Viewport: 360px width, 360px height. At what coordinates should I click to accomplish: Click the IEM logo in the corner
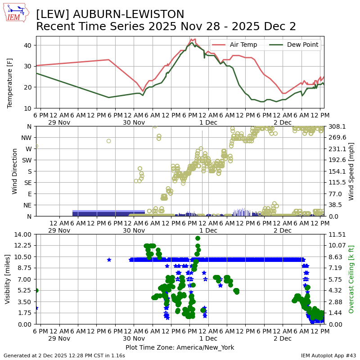tap(16, 13)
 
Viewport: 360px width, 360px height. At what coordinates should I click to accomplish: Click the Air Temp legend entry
tap(243, 45)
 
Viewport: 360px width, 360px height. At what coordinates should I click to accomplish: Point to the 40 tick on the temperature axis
tap(27, 45)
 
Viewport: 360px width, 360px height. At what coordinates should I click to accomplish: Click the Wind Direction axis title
tap(15, 171)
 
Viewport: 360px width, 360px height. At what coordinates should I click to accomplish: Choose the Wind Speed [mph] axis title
tap(351, 171)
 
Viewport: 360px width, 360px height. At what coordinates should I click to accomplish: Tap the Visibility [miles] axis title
tap(8, 279)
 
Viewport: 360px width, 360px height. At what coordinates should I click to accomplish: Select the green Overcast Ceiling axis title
tap(351, 279)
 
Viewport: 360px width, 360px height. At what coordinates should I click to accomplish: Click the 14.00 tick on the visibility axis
tap(23, 234)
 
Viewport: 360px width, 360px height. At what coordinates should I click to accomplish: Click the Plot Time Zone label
tap(180, 347)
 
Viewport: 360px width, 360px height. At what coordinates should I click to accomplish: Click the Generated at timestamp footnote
tap(64, 355)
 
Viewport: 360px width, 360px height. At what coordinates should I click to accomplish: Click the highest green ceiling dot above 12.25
tap(198, 238)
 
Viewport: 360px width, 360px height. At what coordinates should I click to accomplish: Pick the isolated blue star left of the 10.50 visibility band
tap(109, 260)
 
